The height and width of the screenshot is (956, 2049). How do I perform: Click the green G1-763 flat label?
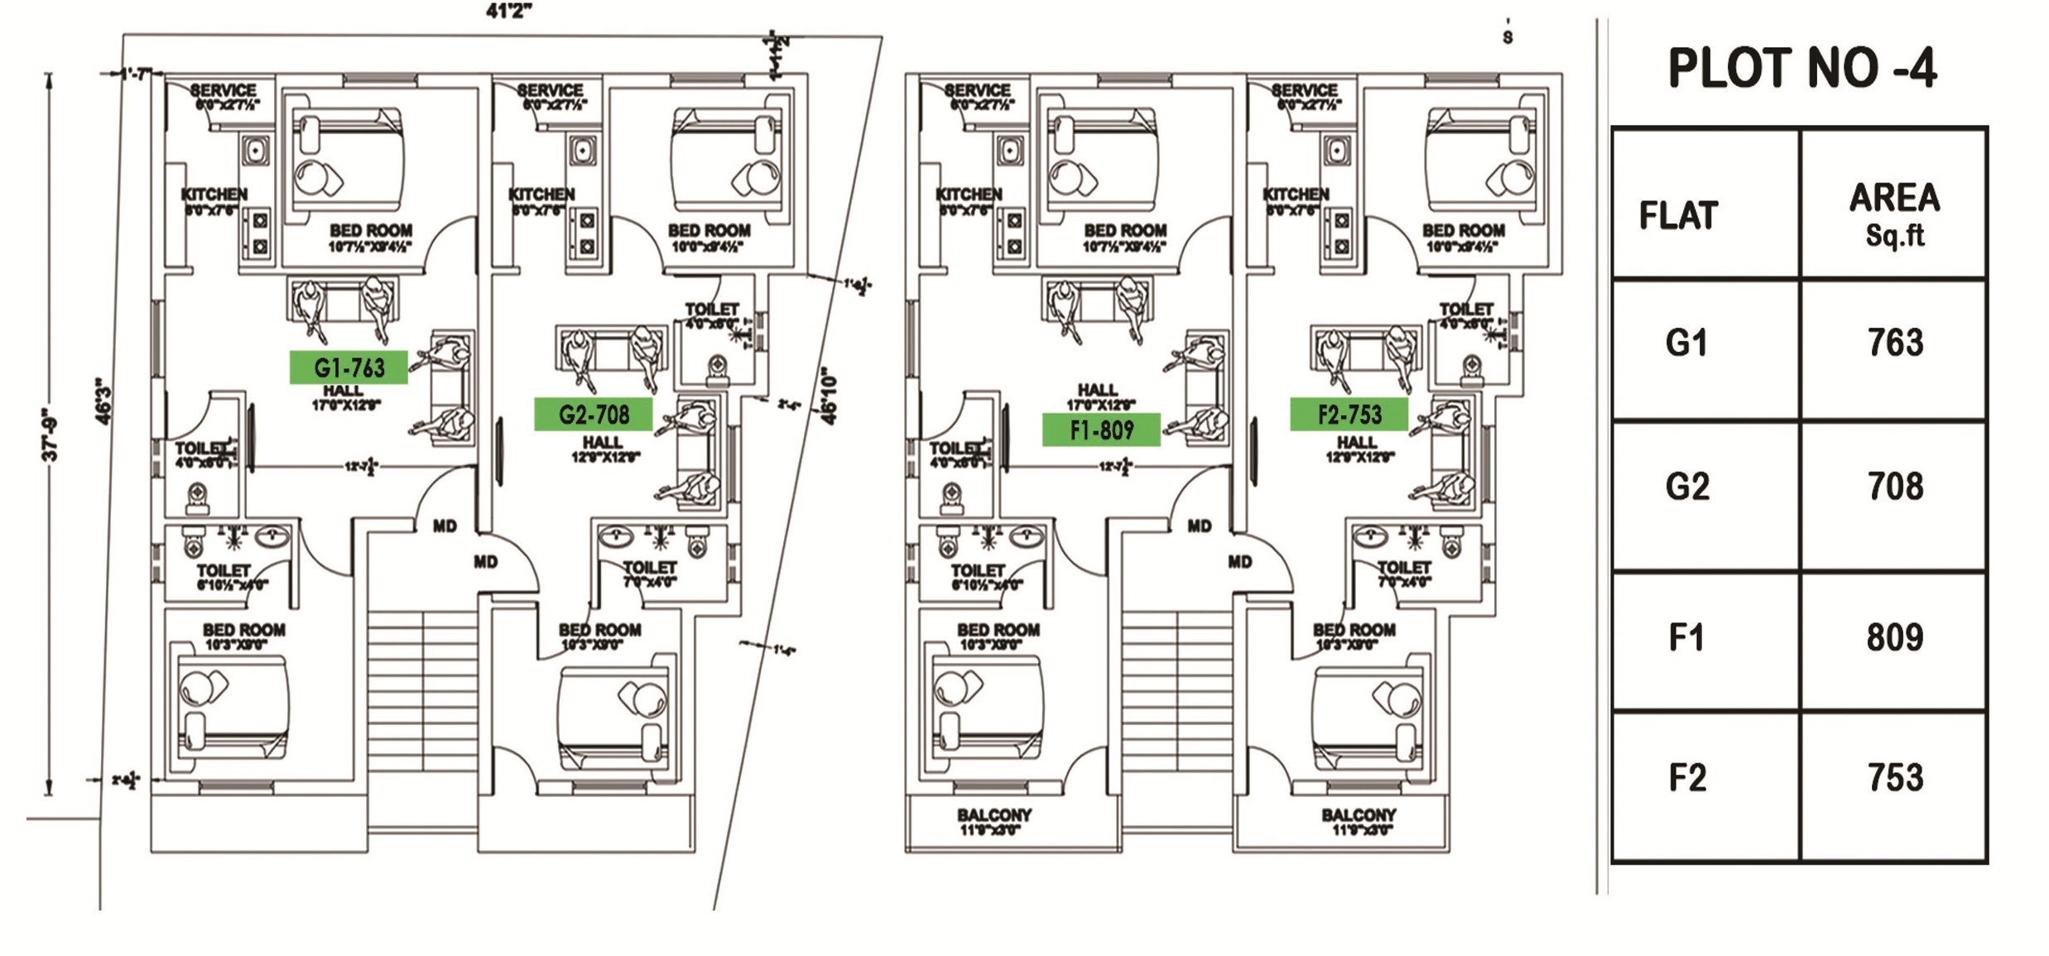[349, 368]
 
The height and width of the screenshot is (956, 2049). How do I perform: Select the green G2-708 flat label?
[593, 414]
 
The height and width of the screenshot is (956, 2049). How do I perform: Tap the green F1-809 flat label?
[1101, 430]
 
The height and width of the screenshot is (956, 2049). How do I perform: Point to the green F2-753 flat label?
[1349, 414]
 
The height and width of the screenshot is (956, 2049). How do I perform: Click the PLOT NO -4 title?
[1801, 68]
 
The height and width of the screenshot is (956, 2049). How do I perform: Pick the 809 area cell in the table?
[1894, 637]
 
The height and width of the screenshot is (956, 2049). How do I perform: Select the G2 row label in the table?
[1687, 487]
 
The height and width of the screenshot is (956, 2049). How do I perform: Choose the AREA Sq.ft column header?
[1894, 214]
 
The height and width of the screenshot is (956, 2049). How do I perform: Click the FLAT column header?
[1679, 215]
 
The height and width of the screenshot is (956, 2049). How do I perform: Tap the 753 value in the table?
[1894, 778]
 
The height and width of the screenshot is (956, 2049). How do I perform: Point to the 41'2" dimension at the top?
[508, 11]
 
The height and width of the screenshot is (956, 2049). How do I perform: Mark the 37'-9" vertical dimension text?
[51, 434]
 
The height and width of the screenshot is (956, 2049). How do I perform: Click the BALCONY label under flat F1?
[994, 815]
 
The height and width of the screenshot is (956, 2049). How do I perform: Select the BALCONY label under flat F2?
[1359, 815]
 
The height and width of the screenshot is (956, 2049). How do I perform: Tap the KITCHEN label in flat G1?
[214, 194]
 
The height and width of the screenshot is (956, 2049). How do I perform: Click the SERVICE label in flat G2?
[551, 90]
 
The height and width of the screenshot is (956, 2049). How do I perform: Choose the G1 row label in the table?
[1686, 343]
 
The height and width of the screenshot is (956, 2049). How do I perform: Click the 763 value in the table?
[1894, 343]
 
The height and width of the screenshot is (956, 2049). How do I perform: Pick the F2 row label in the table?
[1687, 778]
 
